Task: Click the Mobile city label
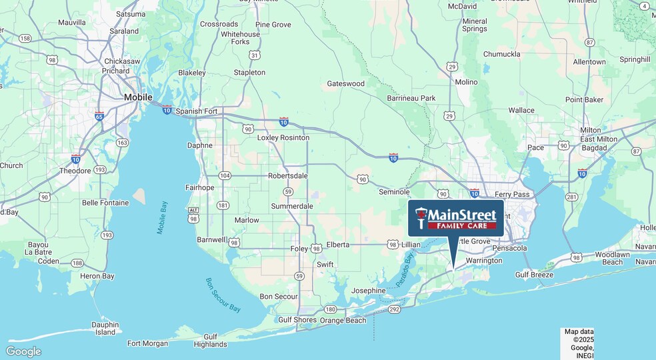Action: [139, 97]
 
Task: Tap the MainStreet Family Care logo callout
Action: [456, 218]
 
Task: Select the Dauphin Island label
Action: [105, 328]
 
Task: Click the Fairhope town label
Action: [199, 188]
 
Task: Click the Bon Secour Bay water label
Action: [223, 295]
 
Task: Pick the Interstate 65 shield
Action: [99, 116]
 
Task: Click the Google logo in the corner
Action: [23, 351]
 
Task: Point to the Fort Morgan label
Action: [147, 344]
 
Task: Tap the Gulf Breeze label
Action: [535, 275]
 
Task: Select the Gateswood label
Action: [345, 84]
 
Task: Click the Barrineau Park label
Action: [411, 99]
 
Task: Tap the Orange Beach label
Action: [343, 320]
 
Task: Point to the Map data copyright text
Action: [579, 339]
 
